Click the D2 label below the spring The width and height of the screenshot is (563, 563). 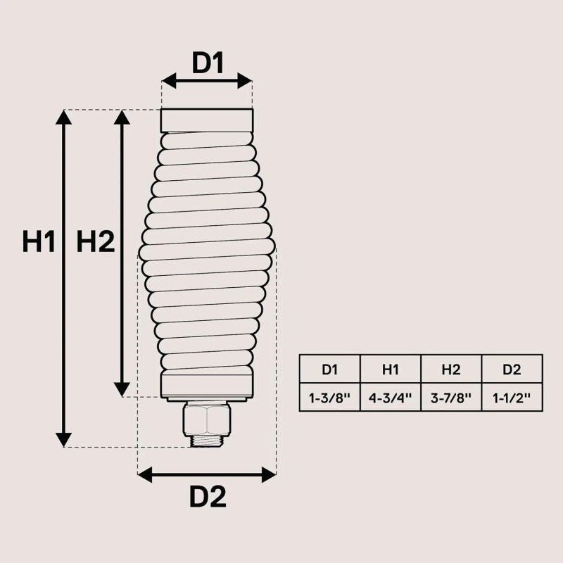pos(208,498)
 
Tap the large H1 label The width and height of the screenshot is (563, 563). pos(39,242)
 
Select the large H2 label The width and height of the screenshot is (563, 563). pos(96,242)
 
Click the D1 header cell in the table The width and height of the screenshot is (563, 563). pos(330,369)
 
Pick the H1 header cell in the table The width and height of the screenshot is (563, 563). pos(391,369)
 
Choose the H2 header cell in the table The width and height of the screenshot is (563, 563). pos(451,369)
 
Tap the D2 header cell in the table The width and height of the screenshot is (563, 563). pos(512,369)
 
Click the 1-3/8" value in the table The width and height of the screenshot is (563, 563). pos(330,398)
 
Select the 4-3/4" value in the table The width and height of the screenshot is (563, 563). pos(391,398)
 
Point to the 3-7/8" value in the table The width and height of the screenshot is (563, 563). pos(451,398)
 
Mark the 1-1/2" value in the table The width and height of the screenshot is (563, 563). pos(512,398)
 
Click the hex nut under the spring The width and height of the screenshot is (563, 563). pos(206,419)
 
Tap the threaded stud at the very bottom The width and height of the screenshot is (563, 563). pos(206,441)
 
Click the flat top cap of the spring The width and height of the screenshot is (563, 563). pos(206,120)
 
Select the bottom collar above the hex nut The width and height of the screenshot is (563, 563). pos(206,386)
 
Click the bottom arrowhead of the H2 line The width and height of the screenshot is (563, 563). pos(122,389)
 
